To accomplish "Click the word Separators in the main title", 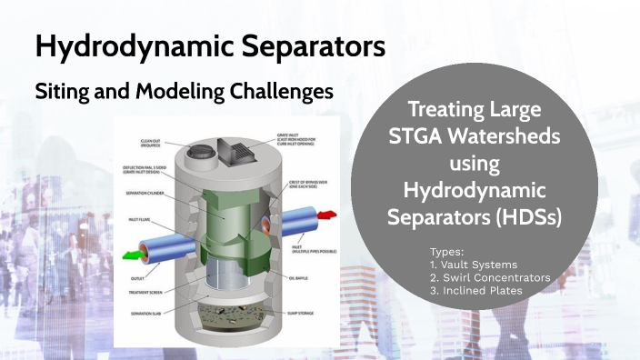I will [x=298, y=47].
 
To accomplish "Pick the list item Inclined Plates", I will [x=483, y=290].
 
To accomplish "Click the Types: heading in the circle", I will [x=445, y=251].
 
